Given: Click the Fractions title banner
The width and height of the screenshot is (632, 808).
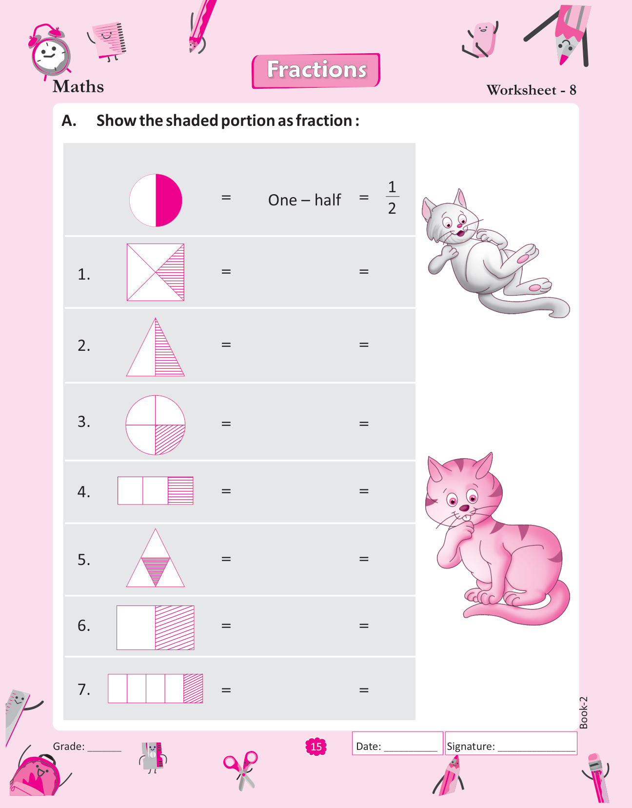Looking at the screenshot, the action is [x=316, y=71].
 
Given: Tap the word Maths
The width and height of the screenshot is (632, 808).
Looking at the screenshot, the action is [x=78, y=87].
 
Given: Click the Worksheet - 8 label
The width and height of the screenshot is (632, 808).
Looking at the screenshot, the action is [x=532, y=90].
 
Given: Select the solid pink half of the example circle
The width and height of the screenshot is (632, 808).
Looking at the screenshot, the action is [x=169, y=200].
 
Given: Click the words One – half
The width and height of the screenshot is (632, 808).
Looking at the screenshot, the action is [x=304, y=200].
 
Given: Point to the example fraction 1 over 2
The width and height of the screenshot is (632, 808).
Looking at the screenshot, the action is [x=392, y=197].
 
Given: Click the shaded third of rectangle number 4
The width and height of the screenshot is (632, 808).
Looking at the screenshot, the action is [x=180, y=490].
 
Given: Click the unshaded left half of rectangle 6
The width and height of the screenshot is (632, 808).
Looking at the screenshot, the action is [x=136, y=627].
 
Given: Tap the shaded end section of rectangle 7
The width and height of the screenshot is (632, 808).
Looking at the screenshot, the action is [x=193, y=688].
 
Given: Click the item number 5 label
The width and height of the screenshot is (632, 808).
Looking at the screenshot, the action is [x=83, y=560].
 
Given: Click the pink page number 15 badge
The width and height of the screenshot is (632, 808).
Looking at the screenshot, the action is [x=316, y=747].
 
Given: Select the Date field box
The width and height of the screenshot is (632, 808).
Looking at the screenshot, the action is [x=397, y=744].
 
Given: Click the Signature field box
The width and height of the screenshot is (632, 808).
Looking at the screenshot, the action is [x=511, y=744].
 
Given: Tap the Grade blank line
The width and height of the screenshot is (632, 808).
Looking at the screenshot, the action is [x=104, y=751].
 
